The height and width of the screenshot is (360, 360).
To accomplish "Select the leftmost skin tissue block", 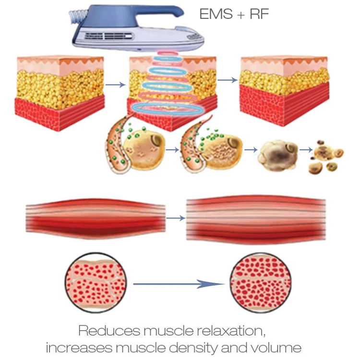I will click(x=60, y=91).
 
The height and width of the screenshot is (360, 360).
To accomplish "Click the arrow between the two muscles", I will click(x=176, y=218).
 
